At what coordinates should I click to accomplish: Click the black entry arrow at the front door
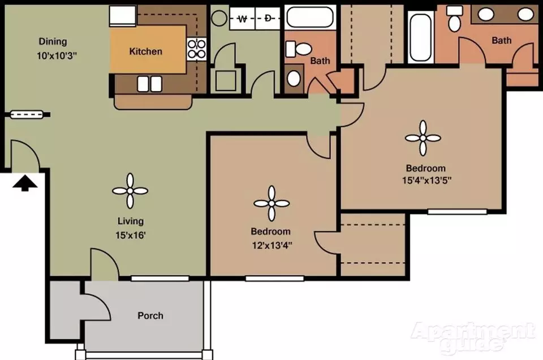point(24,183)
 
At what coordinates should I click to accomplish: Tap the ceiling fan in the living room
point(130,191)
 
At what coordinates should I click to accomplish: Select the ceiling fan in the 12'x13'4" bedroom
point(271,203)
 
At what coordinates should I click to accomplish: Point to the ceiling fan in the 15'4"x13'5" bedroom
point(423,138)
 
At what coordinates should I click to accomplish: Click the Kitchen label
point(145,52)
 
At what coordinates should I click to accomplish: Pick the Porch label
point(150,316)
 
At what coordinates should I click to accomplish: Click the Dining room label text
point(53,41)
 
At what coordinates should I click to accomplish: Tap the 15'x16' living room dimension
point(130,235)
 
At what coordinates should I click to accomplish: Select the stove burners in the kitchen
point(196,49)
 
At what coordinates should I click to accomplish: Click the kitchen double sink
point(149,84)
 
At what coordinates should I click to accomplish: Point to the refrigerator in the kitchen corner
point(123,16)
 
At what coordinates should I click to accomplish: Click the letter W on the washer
point(243,19)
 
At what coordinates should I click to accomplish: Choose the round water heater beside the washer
point(219,18)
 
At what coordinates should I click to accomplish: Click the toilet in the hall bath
point(299,49)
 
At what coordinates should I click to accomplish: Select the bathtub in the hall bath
point(311,17)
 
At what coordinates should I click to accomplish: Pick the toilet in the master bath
point(454,18)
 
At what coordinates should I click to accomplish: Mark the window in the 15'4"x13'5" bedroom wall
point(457,211)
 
